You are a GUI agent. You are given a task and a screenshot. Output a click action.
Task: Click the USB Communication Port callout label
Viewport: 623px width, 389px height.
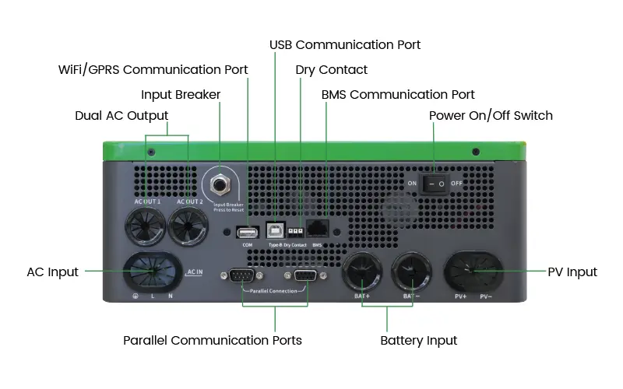[x=345, y=44]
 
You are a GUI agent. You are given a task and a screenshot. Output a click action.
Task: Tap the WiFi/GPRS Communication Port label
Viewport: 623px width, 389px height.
[x=153, y=69]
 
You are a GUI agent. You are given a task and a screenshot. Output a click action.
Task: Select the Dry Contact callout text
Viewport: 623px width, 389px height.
[x=332, y=69]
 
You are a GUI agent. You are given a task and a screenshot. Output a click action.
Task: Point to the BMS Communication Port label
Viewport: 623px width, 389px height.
[x=398, y=94]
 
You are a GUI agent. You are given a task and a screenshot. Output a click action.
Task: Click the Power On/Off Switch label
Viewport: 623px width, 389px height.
[x=491, y=115]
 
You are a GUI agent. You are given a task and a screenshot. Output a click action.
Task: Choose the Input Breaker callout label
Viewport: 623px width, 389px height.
[x=181, y=94]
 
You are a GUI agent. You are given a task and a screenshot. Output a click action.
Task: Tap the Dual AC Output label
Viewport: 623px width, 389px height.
[x=121, y=115]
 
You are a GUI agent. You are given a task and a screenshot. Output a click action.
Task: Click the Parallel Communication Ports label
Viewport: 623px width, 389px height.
[x=213, y=340]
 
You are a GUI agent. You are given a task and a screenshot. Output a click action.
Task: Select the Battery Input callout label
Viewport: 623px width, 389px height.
[x=418, y=340]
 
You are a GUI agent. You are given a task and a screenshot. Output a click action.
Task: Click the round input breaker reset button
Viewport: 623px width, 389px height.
[x=219, y=184]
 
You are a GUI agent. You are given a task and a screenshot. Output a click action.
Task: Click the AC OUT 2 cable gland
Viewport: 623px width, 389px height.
[x=188, y=230]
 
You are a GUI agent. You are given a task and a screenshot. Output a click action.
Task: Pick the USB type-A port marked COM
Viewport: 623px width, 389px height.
[x=247, y=232]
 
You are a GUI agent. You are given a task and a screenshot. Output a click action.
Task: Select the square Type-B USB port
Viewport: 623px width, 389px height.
[x=275, y=231]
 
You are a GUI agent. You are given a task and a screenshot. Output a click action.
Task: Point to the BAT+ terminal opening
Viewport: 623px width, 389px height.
[x=364, y=272]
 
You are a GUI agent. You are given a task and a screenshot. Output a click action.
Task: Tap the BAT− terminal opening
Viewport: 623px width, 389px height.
[x=411, y=272]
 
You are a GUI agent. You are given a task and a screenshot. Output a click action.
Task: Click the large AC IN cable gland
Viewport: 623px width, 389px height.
[x=152, y=273]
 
